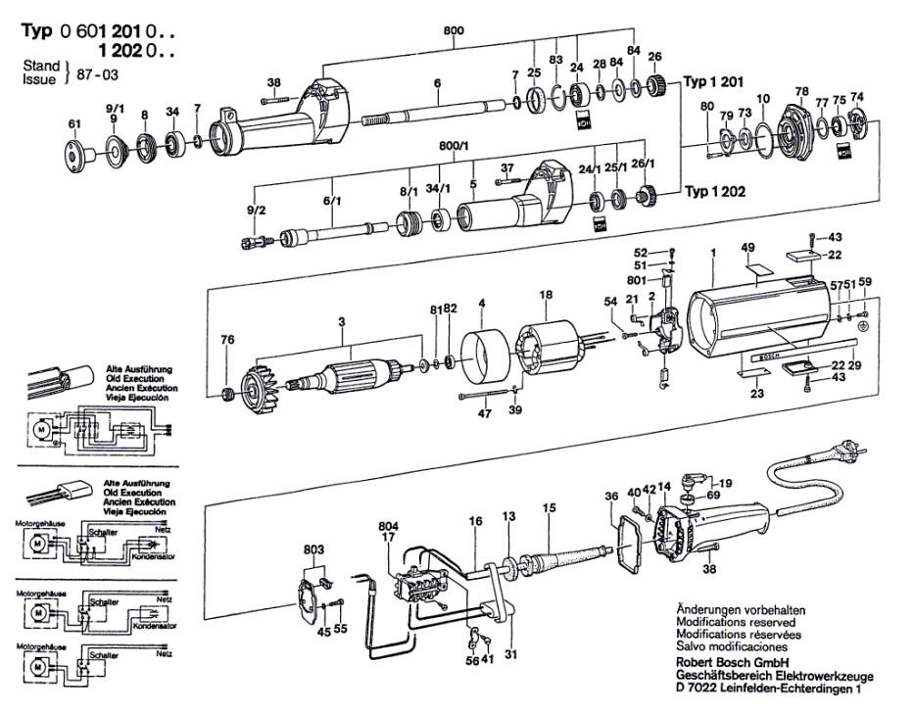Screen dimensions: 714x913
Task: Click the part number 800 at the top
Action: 454,30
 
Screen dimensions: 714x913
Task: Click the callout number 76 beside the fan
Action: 227,341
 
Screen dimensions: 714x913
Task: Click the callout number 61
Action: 72,123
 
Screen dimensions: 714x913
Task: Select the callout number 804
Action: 389,525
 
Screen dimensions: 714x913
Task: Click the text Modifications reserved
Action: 735,622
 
